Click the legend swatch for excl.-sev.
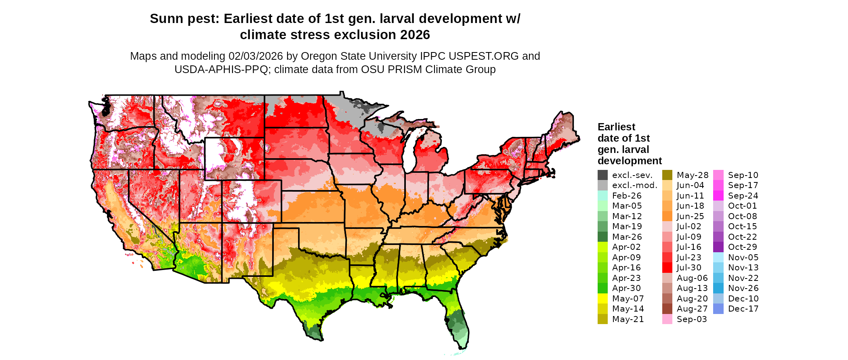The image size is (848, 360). (602, 175)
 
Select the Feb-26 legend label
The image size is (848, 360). (627, 196)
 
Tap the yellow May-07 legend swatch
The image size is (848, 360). (602, 299)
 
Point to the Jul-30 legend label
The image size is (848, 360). (689, 268)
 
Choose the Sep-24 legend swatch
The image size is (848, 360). (718, 196)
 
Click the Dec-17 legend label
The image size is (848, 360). (743, 309)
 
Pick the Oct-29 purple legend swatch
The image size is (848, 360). (718, 247)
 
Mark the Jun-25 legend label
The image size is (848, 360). (690, 216)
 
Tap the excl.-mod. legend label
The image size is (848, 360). (635, 185)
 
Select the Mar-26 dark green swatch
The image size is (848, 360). (602, 237)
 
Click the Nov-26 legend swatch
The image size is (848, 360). (718, 288)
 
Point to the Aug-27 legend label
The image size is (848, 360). (692, 309)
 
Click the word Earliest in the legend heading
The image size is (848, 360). (616, 127)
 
